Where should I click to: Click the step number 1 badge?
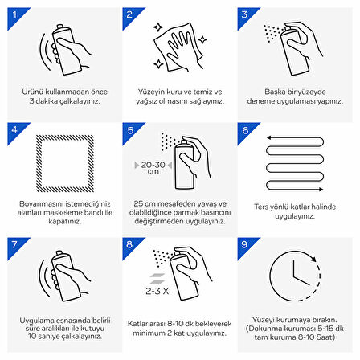15,15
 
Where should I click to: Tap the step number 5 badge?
131,131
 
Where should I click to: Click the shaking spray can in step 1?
66,50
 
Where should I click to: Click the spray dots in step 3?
272,33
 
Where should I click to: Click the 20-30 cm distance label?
153,167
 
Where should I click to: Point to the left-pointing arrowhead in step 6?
269,138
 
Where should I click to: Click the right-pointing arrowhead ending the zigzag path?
321,189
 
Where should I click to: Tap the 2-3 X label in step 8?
157,291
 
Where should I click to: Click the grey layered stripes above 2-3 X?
157,279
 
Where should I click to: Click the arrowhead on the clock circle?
313,259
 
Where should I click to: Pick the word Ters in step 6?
260,207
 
